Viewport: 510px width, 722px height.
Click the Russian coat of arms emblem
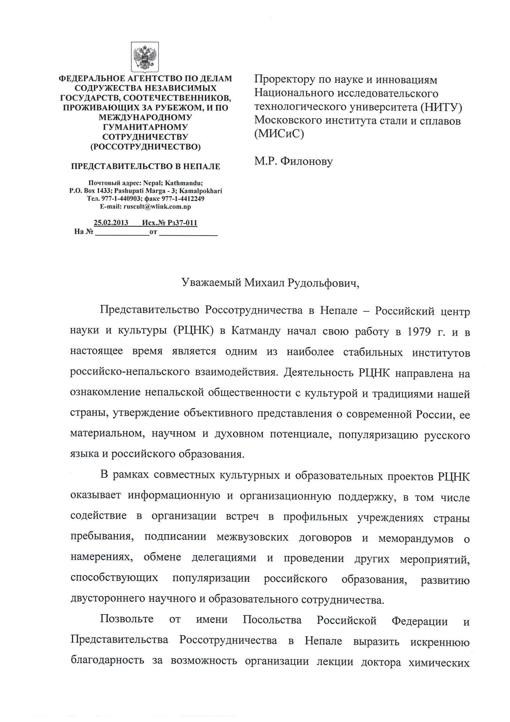145,57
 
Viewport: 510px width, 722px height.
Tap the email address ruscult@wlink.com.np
157,207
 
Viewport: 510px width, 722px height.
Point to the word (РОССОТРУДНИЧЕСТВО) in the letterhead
145,147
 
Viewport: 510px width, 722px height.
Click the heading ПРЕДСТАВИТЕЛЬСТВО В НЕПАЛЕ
145,166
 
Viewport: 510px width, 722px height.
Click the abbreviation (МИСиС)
279,134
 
